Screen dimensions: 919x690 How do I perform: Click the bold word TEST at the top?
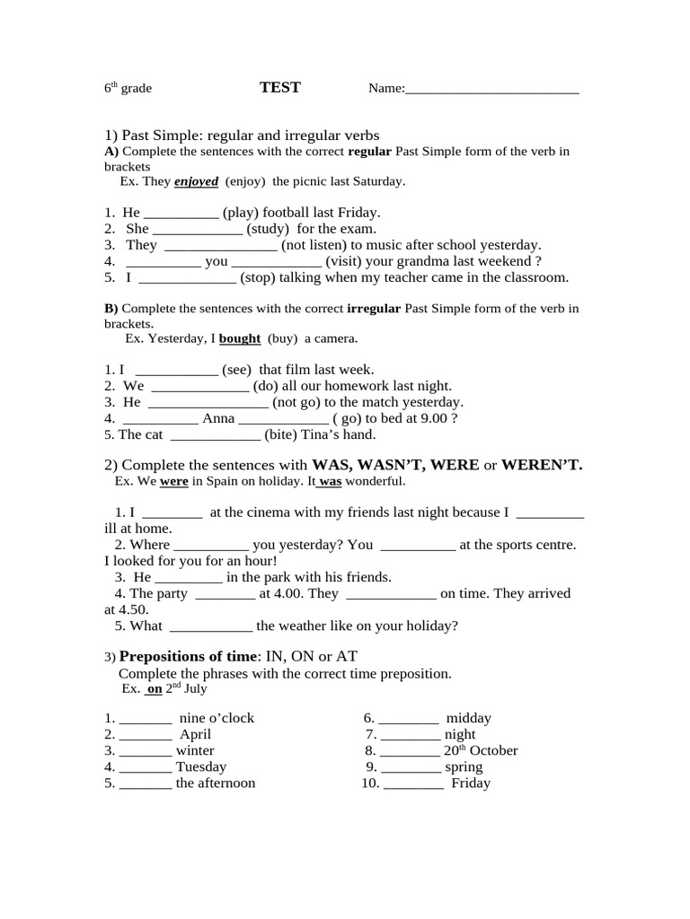tap(279, 87)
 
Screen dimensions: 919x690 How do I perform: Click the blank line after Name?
tap(492, 90)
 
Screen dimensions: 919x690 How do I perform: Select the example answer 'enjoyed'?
tap(196, 181)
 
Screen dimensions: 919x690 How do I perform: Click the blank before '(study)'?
tap(198, 230)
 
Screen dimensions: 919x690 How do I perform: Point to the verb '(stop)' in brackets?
tap(258, 277)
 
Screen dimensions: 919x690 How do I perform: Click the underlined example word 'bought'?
tap(240, 338)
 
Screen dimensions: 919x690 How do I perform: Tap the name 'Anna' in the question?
tap(218, 418)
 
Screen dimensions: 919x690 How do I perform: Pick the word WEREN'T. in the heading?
tap(542, 465)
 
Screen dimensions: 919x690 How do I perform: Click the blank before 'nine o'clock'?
tap(145, 719)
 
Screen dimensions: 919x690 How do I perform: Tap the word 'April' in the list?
tap(195, 734)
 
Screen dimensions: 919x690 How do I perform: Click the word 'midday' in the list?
tap(468, 718)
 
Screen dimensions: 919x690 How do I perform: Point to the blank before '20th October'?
tap(410, 751)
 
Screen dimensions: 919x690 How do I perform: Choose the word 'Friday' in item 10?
tap(471, 783)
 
